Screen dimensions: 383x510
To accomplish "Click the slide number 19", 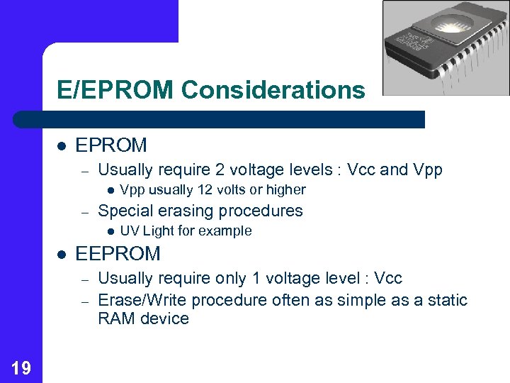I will point(21,367).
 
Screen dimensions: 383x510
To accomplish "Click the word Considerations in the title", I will point(273,90).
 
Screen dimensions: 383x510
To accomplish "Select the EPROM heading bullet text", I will point(111,145).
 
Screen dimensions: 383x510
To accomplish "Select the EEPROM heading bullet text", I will point(118,253).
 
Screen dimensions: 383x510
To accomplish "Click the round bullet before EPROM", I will point(62,145).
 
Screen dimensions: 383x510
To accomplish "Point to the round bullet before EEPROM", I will point(62,253).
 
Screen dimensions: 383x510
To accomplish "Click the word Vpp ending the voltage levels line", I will point(427,170).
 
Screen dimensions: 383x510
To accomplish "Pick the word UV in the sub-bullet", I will point(130,231).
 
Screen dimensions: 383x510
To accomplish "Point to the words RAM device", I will point(143,319).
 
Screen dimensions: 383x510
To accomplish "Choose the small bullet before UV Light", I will point(110,231).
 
